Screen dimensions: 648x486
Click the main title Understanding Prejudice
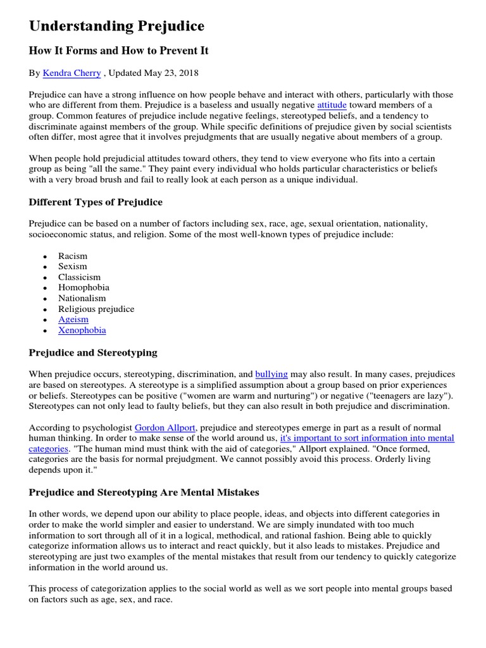[x=116, y=26]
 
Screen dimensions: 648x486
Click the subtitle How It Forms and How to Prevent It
[x=118, y=51]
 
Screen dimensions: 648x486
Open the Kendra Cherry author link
[x=72, y=73]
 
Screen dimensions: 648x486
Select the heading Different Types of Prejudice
[x=96, y=202]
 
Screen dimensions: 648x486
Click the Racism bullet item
[x=73, y=256]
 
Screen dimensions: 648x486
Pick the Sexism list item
[x=72, y=266]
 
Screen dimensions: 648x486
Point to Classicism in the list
[x=79, y=277]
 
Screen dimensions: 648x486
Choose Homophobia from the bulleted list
[x=84, y=287]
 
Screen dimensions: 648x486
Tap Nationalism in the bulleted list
[x=82, y=298]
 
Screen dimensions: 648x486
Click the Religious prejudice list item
[x=96, y=309]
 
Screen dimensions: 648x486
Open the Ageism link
[x=73, y=320]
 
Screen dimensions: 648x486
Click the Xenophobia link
[x=82, y=330]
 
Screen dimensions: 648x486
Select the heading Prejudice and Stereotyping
[x=93, y=352]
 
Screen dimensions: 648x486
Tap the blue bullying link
[x=271, y=375]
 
